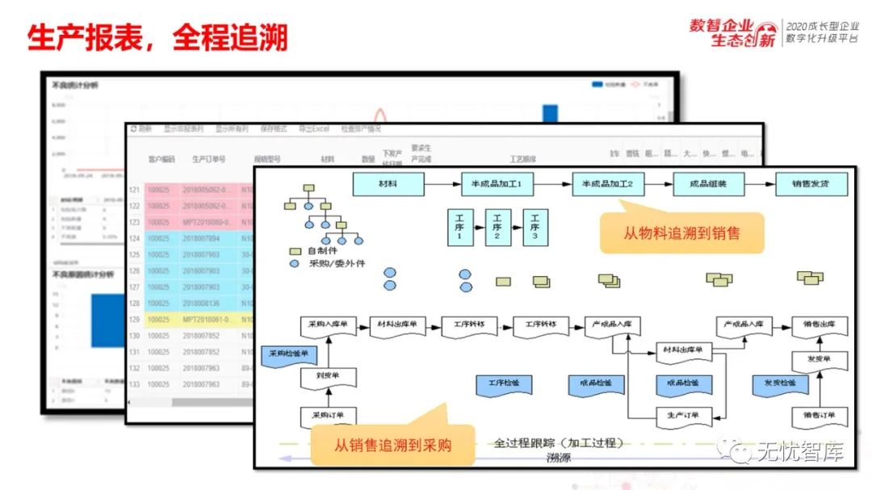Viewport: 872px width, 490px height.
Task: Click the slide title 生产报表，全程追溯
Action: [x=157, y=37]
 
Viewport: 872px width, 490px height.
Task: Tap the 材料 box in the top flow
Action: [x=388, y=184]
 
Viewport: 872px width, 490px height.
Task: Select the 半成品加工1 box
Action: [x=497, y=184]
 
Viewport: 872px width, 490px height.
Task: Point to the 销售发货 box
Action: [x=812, y=184]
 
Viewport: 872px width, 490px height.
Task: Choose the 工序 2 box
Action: [x=497, y=228]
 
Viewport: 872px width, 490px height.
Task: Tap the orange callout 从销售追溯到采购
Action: [x=392, y=445]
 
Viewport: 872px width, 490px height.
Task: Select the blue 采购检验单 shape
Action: [x=288, y=354]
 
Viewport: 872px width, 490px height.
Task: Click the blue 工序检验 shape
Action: [x=504, y=383]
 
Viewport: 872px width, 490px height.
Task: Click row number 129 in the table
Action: [x=135, y=319]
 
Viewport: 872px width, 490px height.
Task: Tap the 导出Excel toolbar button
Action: [x=314, y=129]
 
